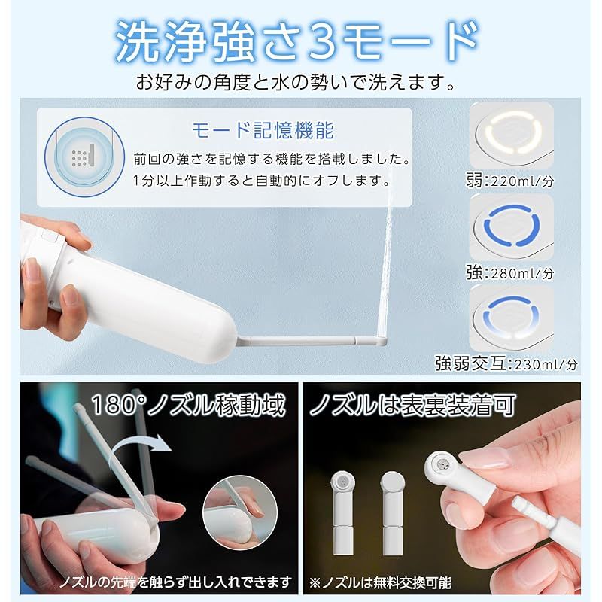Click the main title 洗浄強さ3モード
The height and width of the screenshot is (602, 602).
pyautogui.click(x=297, y=41)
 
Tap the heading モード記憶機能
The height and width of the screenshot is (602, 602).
pyautogui.click(x=263, y=130)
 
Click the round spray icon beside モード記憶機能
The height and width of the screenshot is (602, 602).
pyautogui.click(x=84, y=157)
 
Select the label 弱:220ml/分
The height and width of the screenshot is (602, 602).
pyautogui.click(x=510, y=180)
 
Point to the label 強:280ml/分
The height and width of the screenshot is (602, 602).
pyautogui.click(x=510, y=272)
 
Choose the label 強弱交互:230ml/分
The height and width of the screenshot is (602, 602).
pyautogui.click(x=506, y=363)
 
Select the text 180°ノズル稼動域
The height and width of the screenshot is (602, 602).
pyautogui.click(x=189, y=405)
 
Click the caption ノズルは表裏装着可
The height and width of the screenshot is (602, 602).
pyautogui.click(x=412, y=405)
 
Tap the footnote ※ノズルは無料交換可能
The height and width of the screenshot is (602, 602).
pyautogui.click(x=380, y=582)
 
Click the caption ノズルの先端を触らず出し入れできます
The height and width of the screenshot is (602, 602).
pyautogui.click(x=175, y=582)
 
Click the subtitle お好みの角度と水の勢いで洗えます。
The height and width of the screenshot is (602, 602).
pyautogui.click(x=296, y=82)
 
